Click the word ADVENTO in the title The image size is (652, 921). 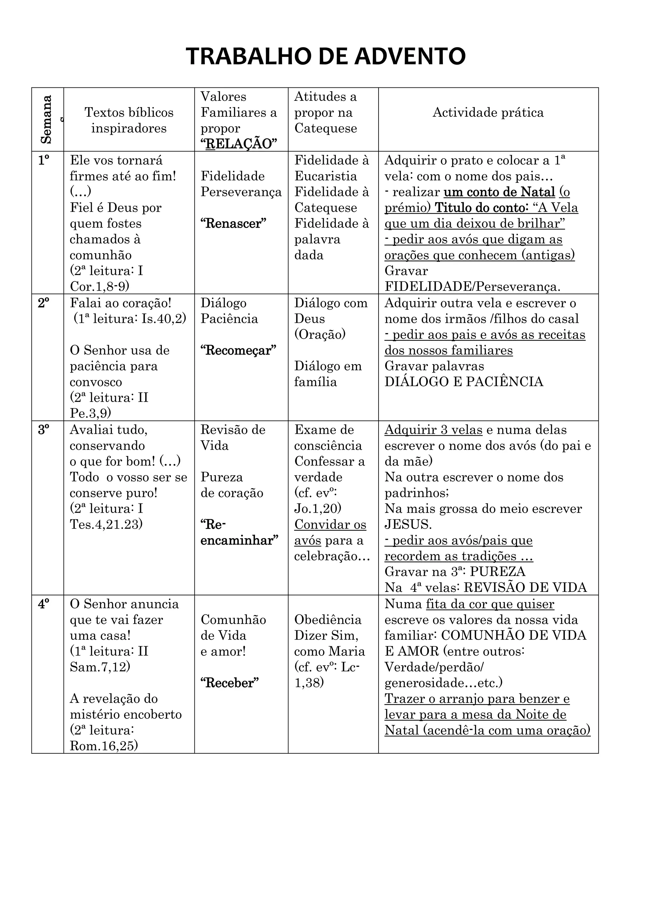point(409,56)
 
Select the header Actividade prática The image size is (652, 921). point(488,112)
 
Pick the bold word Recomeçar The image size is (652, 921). point(238,350)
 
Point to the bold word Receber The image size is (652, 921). point(230,683)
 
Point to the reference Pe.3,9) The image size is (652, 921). point(90,413)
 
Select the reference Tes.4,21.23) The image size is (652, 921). point(106,524)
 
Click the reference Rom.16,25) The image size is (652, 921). point(103,746)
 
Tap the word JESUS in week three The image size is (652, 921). point(408,524)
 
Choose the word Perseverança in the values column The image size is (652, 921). point(241,192)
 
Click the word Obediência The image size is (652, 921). point(328,620)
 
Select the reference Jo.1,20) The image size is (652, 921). point(318,509)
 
